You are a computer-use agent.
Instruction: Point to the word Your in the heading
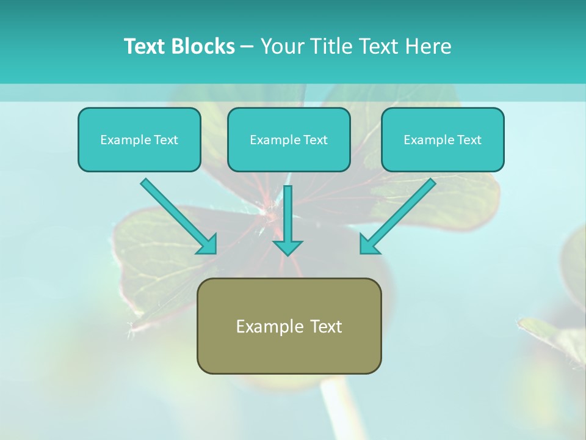click(x=281, y=46)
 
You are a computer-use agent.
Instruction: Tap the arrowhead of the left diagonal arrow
click(x=208, y=245)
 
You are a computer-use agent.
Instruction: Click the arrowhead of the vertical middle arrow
click(x=288, y=248)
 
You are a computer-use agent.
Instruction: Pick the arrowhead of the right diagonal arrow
click(x=368, y=245)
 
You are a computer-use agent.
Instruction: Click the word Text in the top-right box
click(x=469, y=140)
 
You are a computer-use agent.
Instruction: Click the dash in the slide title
click(x=247, y=46)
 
